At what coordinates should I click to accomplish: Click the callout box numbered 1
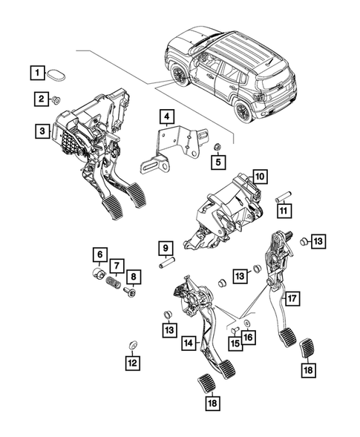[x=36, y=73]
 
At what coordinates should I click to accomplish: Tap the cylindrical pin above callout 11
[x=283, y=199]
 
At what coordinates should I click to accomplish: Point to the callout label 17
[x=293, y=299]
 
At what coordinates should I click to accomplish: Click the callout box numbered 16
[x=247, y=336]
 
